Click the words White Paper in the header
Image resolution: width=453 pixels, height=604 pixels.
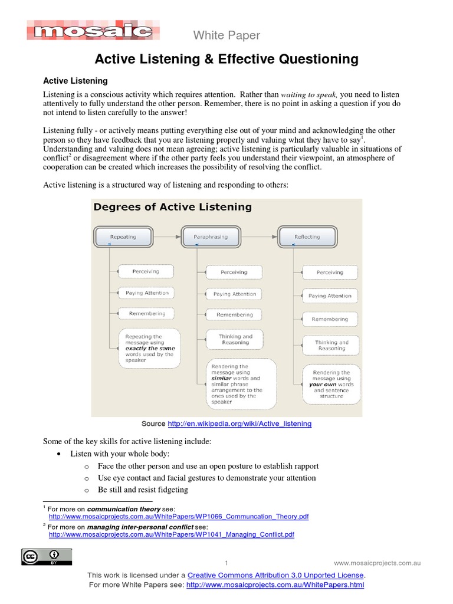[226, 36]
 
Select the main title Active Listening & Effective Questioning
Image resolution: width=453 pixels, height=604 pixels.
[226, 59]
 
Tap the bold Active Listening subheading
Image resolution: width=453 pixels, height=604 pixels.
[75, 80]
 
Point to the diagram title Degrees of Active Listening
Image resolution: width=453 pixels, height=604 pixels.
[172, 207]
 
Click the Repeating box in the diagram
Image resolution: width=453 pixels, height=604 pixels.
[123, 237]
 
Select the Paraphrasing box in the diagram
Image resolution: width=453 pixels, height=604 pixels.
[211, 237]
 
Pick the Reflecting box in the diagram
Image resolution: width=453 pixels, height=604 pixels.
[307, 237]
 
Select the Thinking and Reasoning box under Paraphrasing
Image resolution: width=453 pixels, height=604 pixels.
[235, 339]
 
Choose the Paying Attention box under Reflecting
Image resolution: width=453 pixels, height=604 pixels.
[330, 296]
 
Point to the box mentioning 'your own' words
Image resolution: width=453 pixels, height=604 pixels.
[331, 384]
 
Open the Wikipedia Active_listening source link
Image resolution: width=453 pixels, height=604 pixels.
[239, 424]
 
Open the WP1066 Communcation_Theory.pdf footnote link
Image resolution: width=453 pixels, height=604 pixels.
[178, 516]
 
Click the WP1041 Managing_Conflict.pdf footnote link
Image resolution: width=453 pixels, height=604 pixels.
[171, 534]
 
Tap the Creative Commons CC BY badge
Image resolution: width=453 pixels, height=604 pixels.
[47, 556]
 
